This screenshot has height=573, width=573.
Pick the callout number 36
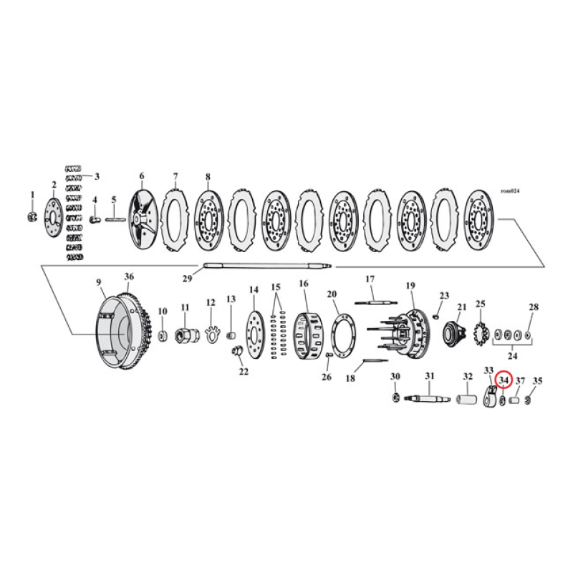click(x=129, y=277)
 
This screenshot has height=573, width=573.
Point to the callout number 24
click(x=511, y=355)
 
